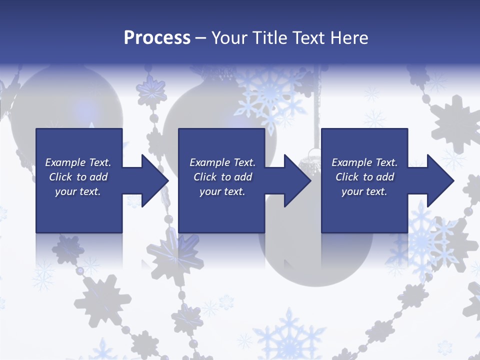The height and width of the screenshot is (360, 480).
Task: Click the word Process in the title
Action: point(157,38)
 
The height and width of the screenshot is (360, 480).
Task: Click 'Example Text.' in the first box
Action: point(78,162)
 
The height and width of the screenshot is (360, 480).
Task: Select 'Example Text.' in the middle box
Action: point(222,162)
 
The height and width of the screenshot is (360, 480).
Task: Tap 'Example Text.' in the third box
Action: point(364,162)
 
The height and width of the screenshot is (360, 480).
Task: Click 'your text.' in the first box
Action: point(78,191)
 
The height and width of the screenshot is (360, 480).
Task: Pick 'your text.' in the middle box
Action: point(222,191)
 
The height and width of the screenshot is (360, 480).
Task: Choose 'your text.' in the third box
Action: point(364,191)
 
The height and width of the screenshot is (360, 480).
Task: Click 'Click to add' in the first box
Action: point(78,177)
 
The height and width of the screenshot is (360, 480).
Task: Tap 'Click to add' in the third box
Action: point(364,177)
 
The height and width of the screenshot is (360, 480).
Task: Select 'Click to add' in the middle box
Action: point(222,177)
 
